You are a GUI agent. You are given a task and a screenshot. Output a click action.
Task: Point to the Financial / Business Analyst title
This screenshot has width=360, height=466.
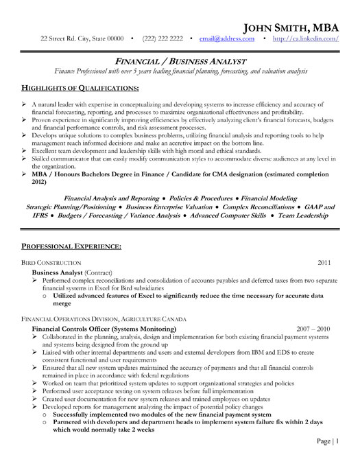click(180, 60)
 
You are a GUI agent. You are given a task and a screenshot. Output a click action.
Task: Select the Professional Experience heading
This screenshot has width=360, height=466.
click(72, 245)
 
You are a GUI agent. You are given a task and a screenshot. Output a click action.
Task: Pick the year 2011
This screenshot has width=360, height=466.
click(325, 262)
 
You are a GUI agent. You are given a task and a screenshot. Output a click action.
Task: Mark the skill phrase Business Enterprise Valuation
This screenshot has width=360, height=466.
click(169, 207)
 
